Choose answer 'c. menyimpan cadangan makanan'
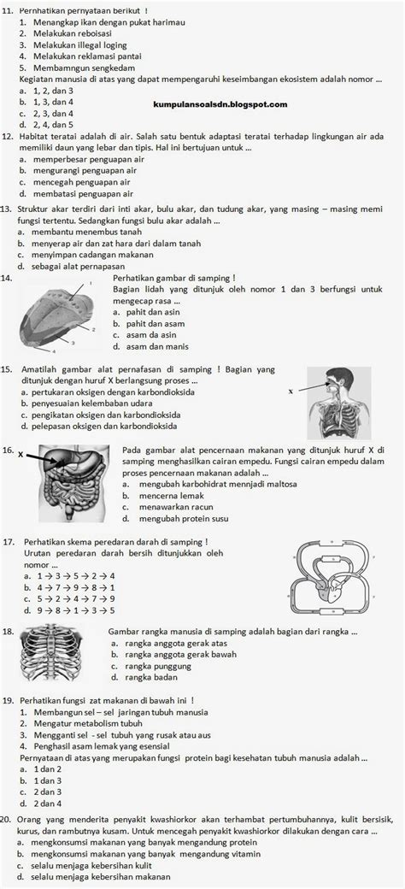click(x=85, y=255)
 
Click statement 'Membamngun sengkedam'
click(x=73, y=65)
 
